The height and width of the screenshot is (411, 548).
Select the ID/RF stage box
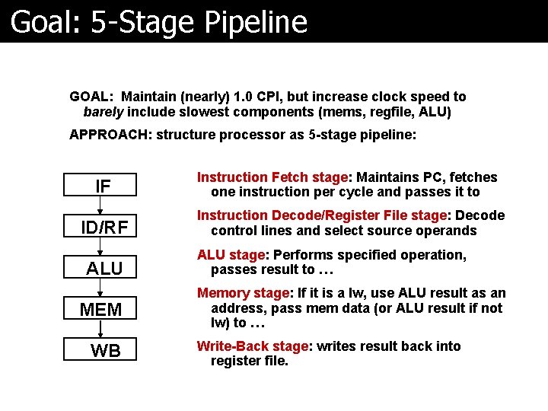point(104,227)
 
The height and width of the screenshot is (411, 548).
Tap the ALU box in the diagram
point(104,268)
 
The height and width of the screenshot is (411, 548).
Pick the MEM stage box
point(100,309)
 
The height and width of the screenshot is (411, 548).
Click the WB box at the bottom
point(104,350)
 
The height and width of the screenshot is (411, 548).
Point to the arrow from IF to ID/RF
point(100,206)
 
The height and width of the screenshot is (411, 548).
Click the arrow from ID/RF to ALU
point(100,247)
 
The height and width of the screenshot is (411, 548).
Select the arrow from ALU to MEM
point(100,288)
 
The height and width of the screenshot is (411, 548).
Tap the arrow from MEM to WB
point(100,330)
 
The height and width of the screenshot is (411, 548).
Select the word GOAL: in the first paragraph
point(91,97)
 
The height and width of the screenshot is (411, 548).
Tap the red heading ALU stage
point(231,255)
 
